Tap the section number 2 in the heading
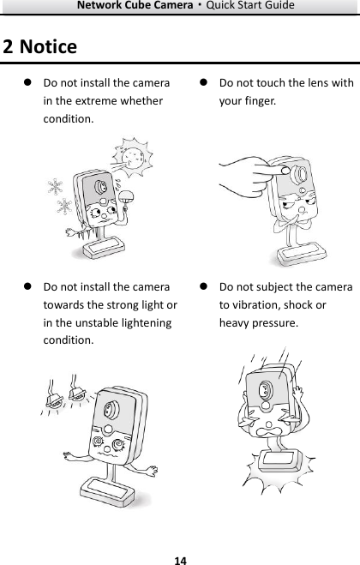tap(8, 46)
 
